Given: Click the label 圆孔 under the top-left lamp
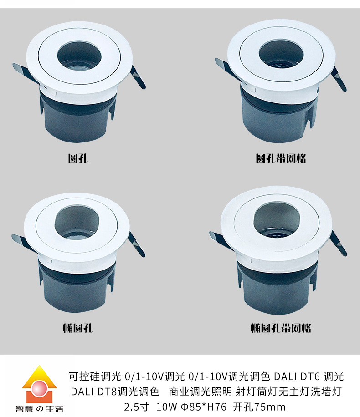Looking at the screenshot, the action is [78, 158].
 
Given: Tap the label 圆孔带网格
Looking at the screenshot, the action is [281, 158].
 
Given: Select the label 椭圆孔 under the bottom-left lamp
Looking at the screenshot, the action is [78, 328].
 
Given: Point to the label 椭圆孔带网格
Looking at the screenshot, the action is [281, 328].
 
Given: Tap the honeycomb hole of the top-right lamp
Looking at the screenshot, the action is [281, 57].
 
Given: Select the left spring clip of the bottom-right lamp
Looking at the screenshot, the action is [221, 241].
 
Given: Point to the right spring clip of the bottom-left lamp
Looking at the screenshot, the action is [136, 244].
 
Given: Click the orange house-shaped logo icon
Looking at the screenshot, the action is [39, 383].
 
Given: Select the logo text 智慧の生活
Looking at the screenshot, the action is [39, 408].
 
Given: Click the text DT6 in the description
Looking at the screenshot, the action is [310, 376].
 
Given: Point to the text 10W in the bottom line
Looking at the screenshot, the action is [166, 407].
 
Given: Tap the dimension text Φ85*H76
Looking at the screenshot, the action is [204, 407].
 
